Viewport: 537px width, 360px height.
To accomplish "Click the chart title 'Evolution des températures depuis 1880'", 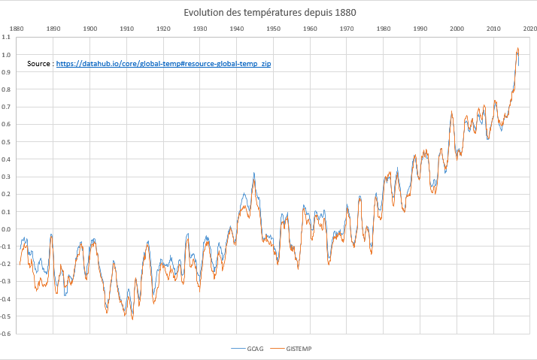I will click(270, 12).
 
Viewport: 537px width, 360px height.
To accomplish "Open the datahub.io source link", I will click(163, 65).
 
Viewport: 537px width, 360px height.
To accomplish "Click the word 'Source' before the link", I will click(39, 65).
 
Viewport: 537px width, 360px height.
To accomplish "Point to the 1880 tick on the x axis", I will click(17, 29).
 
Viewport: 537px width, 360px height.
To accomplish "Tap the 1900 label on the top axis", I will click(89, 29).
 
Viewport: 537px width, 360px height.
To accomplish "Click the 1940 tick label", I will click(236, 29).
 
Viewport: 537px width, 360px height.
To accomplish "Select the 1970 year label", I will click(347, 29).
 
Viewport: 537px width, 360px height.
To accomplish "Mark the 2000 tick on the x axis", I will click(457, 29).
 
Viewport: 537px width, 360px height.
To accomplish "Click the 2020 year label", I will click(529, 29).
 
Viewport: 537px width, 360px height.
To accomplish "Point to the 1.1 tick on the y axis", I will click(8, 38).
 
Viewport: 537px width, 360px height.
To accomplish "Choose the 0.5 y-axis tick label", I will click(8, 142).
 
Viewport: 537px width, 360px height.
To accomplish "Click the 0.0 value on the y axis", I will click(8, 229).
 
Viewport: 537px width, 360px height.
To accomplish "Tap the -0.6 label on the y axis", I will click(7, 334).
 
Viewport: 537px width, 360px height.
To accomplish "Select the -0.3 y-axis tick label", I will click(7, 282).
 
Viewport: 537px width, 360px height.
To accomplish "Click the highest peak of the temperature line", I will click(517, 49).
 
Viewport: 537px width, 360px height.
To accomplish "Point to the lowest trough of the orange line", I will click(132, 319).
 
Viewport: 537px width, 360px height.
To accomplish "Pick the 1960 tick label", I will click(310, 29).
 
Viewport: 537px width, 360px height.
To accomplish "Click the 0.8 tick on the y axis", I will click(8, 90).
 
